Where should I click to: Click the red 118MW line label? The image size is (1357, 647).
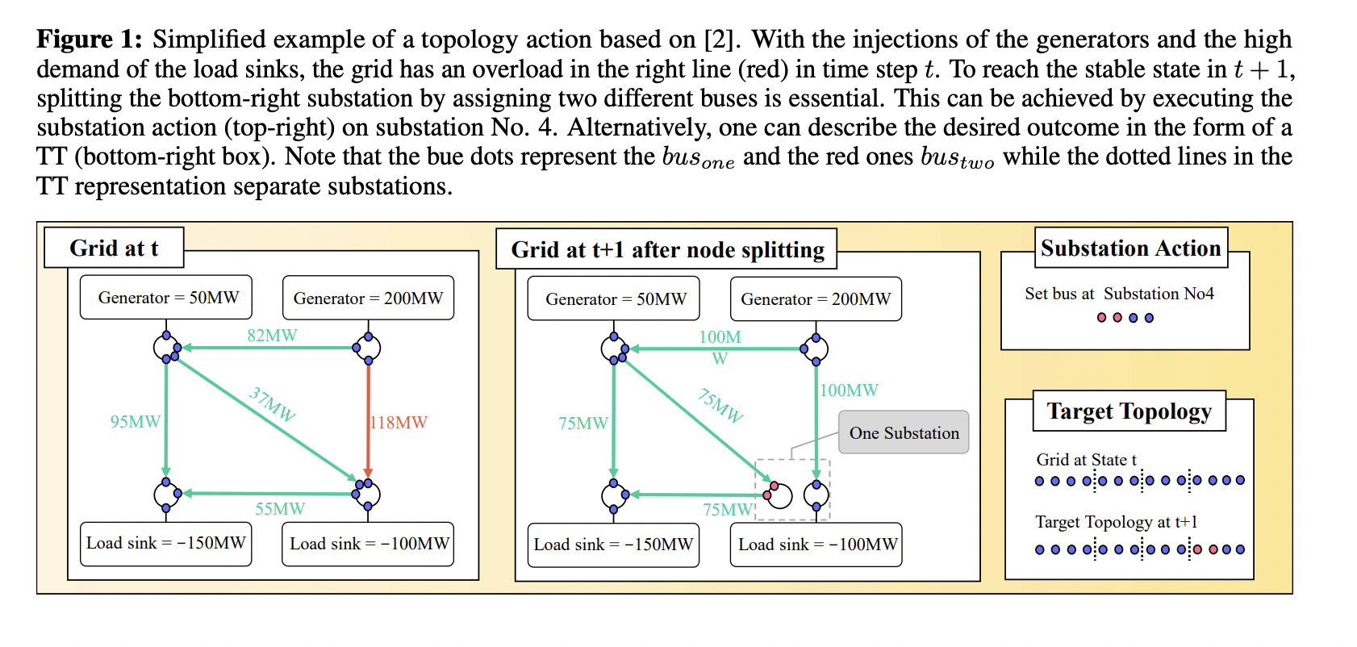point(399,422)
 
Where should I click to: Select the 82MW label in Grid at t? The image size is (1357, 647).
point(272,335)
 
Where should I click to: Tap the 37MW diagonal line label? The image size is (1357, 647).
point(273,403)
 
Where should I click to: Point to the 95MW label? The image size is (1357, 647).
point(135,421)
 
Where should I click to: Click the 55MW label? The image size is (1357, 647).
point(280,509)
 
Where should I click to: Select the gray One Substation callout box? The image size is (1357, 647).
point(904,432)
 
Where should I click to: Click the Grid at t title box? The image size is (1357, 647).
point(114,248)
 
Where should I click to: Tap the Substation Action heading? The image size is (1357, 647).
point(1130,248)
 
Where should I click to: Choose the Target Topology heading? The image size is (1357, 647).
point(1129,411)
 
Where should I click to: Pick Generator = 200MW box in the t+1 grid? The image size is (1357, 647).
point(816,299)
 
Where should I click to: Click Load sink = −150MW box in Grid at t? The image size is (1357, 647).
point(166,544)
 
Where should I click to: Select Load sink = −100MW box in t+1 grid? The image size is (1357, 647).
point(816,545)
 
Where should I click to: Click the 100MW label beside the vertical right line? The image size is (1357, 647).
point(849,390)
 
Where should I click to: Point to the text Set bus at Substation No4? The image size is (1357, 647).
point(1119,294)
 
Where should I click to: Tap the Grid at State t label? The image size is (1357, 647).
point(1086,460)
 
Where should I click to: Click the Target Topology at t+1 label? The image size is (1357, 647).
point(1117,522)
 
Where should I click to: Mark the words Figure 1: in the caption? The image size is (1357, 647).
point(90,39)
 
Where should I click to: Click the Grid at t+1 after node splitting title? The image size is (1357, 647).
point(667,249)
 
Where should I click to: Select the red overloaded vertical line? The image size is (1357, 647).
point(369,420)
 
